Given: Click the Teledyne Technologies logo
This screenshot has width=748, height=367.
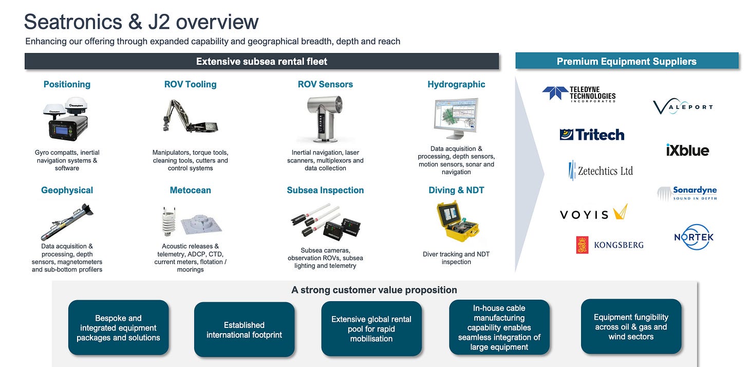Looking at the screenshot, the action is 578,94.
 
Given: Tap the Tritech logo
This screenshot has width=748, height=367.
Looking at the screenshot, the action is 592,135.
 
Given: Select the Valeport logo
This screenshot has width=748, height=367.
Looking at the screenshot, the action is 683,107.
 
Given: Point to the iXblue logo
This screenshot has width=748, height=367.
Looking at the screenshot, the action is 687,150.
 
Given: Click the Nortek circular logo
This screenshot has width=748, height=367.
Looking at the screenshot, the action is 694,237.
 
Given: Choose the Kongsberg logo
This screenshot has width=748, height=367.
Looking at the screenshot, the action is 610,245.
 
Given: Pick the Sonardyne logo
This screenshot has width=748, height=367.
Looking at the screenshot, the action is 687,193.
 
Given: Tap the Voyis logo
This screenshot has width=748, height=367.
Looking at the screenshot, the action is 593,213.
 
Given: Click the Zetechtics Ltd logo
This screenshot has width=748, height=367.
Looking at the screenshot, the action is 601,171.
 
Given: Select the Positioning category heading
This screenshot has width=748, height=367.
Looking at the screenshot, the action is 67,84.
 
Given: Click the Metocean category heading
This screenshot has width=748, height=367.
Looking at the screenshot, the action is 190,190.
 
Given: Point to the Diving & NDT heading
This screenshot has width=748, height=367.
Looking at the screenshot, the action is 456,190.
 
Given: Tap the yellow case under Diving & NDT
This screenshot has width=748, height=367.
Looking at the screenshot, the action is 456,222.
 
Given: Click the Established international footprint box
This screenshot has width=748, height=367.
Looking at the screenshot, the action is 244,330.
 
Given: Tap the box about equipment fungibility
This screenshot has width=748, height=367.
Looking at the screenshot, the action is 631,327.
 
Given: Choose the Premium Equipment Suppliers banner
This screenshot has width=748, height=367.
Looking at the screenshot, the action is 626,61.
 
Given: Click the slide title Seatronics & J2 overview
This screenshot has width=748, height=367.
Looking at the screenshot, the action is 141,22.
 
